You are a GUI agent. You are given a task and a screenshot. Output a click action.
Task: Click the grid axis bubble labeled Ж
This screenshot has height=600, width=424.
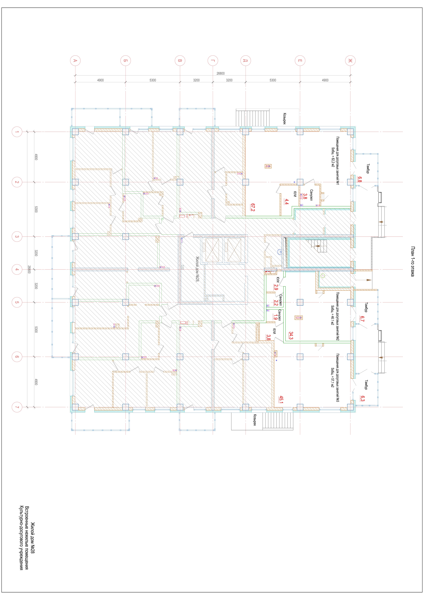click(x=350, y=61)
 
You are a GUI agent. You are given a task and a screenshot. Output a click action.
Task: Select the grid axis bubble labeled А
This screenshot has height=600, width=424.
click(x=75, y=61)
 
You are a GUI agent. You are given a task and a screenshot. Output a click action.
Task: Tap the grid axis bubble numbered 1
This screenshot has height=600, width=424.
click(x=17, y=132)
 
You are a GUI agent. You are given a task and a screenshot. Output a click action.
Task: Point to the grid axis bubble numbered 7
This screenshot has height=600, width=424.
click(x=17, y=407)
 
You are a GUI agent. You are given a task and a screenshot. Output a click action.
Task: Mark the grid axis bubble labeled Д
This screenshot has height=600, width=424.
click(x=245, y=61)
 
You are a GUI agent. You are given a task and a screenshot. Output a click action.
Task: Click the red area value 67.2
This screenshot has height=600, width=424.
click(x=253, y=207)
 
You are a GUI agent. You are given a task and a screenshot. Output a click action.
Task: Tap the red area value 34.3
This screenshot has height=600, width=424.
click(x=291, y=336)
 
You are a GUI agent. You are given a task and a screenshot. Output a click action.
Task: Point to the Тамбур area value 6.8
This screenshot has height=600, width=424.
click(x=360, y=180)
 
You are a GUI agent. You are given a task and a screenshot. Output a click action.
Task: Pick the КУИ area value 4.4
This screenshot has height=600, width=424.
click(x=286, y=202)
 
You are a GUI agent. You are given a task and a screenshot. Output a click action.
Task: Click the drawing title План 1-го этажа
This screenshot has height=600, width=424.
click(x=412, y=261)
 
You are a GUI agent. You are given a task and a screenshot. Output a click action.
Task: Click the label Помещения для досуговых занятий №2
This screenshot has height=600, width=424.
click(x=338, y=316)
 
